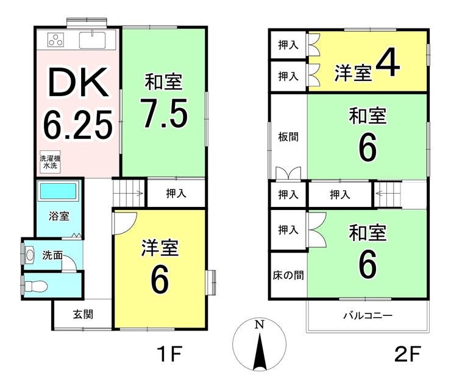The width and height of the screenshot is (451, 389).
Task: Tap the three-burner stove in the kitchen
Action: [x=56, y=40]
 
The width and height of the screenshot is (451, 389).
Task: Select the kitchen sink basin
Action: [x=92, y=40]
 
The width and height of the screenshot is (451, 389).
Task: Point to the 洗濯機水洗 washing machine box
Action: [x=50, y=162]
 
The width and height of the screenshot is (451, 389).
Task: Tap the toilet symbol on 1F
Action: [x=36, y=286]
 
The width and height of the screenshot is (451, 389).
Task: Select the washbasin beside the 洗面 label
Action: [x=30, y=254]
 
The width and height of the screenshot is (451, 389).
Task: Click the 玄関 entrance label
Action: [x=83, y=314]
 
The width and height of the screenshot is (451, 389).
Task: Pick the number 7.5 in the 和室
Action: [x=164, y=113]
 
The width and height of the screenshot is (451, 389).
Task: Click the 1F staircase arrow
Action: [x=129, y=193]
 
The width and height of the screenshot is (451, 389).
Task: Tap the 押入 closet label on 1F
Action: [x=176, y=194]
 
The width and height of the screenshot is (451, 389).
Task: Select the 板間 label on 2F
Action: [x=288, y=137]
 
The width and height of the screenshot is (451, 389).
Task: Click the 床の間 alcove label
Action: [x=288, y=275]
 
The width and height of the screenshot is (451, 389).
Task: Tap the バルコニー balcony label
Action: [x=368, y=316]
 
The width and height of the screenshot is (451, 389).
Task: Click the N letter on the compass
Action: [x=260, y=324]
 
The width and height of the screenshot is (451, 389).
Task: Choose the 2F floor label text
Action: [x=408, y=354]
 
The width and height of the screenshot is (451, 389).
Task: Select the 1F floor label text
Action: [x=169, y=354]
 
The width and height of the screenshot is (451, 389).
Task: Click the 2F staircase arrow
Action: [x=388, y=193]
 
